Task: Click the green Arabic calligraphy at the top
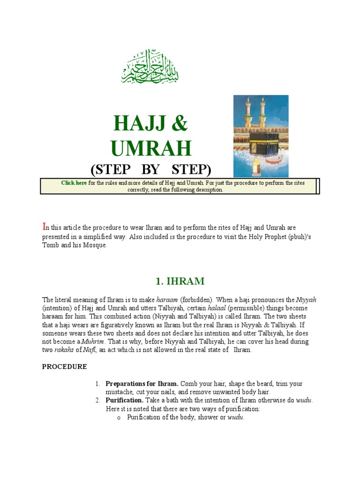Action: click(150, 67)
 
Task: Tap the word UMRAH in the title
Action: click(151, 148)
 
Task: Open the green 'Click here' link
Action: click(74, 183)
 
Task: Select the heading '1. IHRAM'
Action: click(180, 281)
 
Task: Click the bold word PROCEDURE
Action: click(64, 367)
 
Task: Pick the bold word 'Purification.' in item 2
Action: click(124, 400)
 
